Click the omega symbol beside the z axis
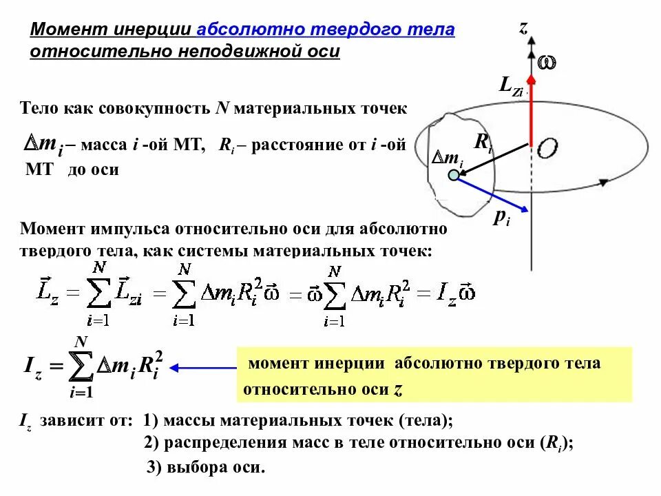(547, 63)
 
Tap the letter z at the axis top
(523, 28)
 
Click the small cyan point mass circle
(453, 176)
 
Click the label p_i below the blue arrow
(501, 218)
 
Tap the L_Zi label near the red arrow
(511, 87)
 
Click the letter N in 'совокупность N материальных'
(222, 108)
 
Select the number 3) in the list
(154, 467)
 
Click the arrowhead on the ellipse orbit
(603, 183)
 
